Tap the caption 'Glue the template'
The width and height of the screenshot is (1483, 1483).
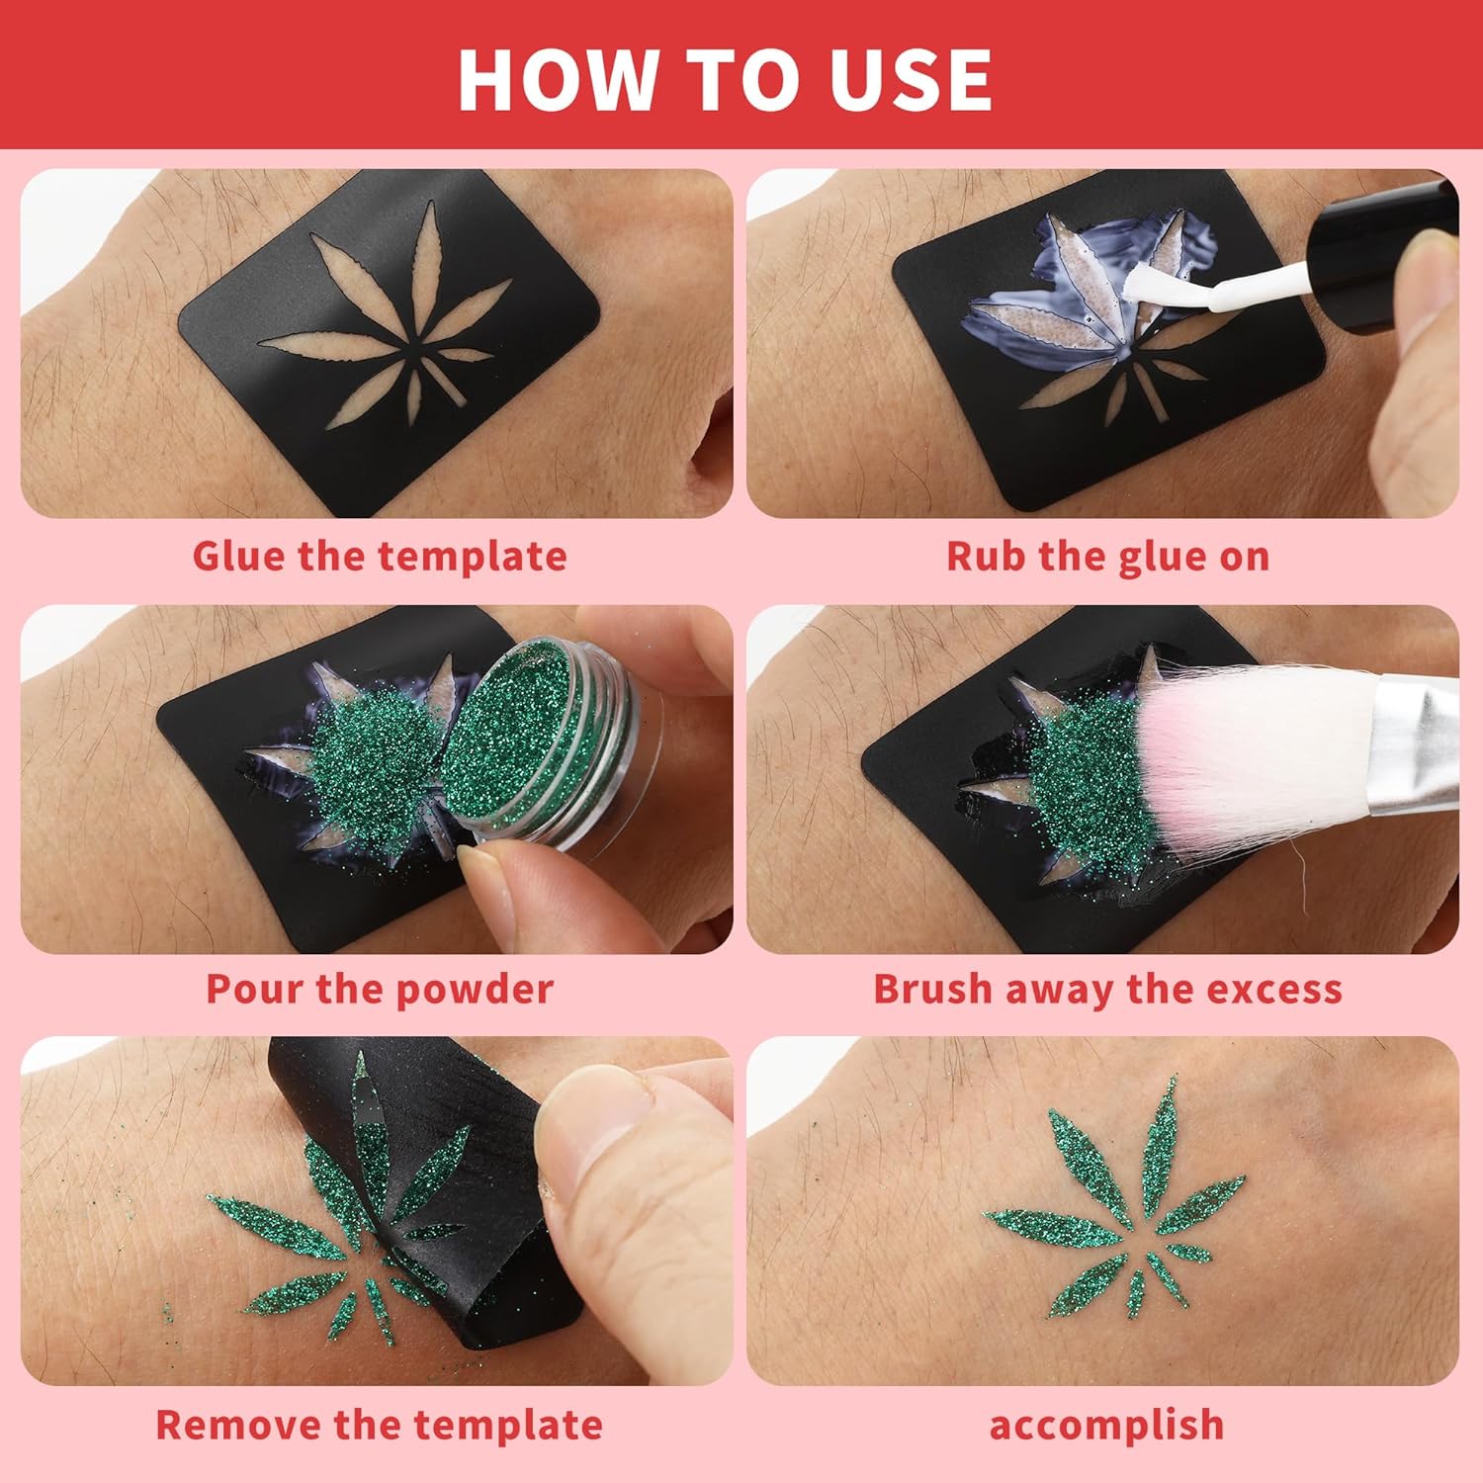pos(380,556)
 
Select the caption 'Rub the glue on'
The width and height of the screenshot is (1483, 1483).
pos(1107,556)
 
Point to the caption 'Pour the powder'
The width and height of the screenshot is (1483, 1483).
pos(380,989)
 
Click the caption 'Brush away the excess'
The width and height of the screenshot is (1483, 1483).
pos(1107,989)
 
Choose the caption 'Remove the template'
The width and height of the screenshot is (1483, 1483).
pos(380,1425)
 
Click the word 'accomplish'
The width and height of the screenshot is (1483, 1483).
pos(1107,1426)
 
